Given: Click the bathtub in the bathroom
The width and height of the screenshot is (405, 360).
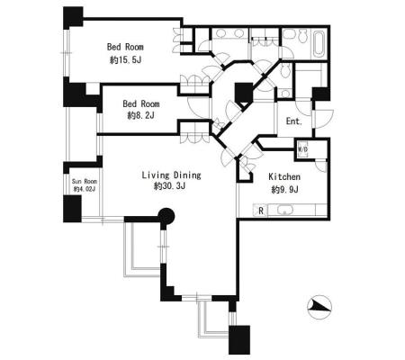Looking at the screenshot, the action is (319, 44).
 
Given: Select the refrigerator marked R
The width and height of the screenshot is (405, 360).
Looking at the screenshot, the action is (261, 211).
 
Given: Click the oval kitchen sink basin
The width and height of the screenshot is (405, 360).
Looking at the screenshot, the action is (284, 210).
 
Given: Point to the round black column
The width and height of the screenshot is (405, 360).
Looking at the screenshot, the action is (166, 215).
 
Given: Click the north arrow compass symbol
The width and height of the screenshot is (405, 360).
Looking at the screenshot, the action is (319, 307).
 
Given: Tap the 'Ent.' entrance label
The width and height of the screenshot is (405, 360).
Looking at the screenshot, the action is (294, 121).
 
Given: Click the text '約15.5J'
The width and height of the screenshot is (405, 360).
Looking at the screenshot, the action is (125, 60).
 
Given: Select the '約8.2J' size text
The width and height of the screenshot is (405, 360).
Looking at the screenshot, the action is (140, 115).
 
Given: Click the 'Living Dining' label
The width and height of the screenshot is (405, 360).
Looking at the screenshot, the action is (171, 175).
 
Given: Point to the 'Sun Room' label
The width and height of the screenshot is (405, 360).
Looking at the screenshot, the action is (85, 182).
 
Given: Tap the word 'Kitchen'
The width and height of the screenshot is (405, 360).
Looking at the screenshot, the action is (284, 176).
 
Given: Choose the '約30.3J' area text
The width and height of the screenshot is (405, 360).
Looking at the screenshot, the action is (169, 186).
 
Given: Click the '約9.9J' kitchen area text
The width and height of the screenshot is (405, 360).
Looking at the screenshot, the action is (284, 190).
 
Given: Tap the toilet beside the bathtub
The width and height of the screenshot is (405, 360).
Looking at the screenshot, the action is (301, 36).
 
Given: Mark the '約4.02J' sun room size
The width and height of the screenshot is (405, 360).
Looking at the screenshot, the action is (85, 189).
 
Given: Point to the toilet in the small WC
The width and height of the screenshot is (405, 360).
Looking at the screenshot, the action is (285, 71).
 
